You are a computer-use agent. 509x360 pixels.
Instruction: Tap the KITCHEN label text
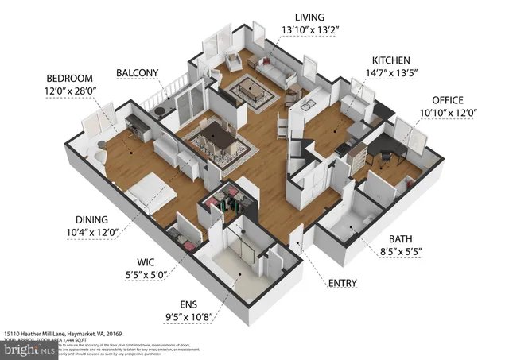391,60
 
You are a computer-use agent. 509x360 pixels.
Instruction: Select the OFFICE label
448,100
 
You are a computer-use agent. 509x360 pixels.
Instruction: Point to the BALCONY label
138,72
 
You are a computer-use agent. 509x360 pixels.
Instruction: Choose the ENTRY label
342,283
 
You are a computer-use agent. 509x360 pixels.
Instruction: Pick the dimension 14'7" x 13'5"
391,73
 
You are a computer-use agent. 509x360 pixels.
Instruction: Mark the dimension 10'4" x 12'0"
91,233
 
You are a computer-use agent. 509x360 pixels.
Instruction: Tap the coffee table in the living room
253,90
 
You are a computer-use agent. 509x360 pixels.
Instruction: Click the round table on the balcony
164,109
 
